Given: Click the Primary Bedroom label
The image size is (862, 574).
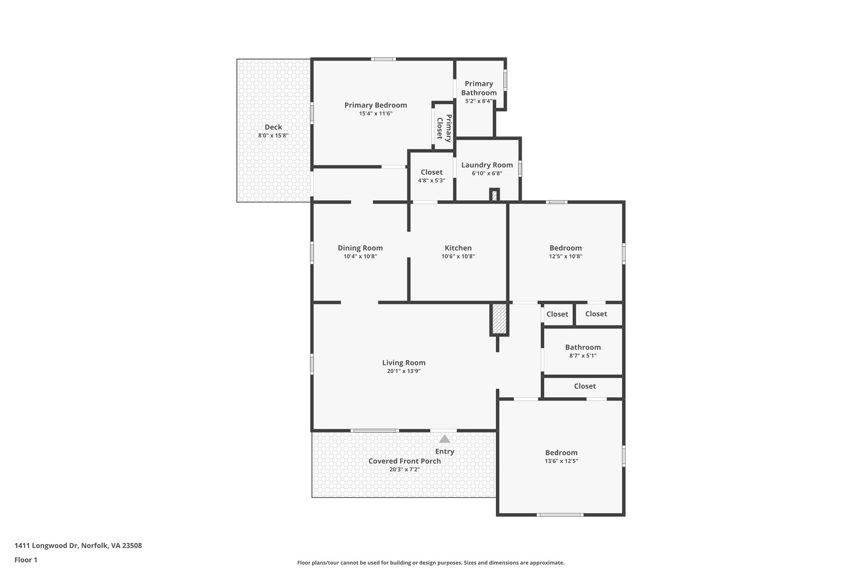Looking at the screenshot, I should (375, 105).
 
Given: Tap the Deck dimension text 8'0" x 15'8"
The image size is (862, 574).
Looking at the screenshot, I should (273, 135).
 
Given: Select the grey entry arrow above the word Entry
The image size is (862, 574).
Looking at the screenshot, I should (444, 439).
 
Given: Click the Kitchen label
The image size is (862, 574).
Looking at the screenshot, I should (458, 248).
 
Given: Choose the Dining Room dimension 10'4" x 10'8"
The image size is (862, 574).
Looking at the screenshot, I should (360, 257).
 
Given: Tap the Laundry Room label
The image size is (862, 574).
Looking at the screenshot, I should (487, 165).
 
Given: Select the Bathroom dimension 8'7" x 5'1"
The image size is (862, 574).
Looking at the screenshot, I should (583, 356).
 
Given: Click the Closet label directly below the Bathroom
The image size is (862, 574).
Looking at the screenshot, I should (585, 386).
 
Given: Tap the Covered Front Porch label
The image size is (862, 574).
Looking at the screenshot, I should (404, 461).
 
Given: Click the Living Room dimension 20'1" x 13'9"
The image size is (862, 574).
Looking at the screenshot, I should (404, 371).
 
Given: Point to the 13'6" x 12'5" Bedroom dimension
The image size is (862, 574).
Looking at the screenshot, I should (561, 461).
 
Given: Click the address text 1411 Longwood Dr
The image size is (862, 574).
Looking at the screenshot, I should (46, 546).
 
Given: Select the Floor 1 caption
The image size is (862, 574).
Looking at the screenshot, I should (26, 560).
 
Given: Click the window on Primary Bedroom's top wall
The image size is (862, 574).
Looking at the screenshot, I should (383, 59).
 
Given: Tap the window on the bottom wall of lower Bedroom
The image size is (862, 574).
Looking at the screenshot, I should (560, 515).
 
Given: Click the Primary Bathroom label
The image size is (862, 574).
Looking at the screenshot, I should (479, 88).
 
